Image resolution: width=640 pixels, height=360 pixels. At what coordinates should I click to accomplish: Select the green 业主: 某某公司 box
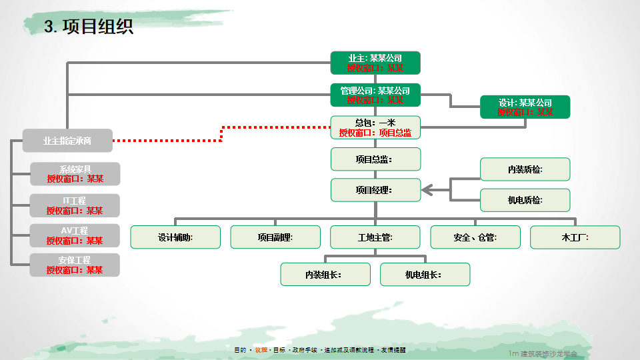click(x=375, y=63)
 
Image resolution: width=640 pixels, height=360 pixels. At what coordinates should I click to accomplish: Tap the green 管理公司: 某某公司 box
click(x=375, y=95)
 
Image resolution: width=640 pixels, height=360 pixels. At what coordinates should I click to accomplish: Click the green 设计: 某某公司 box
click(x=525, y=107)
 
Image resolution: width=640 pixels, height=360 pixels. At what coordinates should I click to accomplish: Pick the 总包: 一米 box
click(x=375, y=127)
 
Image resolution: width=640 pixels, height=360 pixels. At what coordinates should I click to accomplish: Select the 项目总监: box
click(x=375, y=159)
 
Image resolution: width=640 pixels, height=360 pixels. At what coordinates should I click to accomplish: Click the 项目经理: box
click(x=375, y=190)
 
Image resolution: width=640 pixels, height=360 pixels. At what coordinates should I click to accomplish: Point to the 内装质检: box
click(x=525, y=169)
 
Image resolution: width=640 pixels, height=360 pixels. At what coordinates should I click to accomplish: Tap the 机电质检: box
click(x=525, y=200)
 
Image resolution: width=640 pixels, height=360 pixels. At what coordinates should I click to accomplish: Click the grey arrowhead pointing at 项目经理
click(x=427, y=190)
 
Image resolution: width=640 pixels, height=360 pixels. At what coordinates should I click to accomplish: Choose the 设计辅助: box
click(x=175, y=237)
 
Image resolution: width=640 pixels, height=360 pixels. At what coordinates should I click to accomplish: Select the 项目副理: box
click(x=275, y=237)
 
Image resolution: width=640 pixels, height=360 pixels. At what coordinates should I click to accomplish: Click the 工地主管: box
click(x=375, y=237)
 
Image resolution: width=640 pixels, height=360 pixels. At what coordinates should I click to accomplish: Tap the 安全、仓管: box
click(x=475, y=237)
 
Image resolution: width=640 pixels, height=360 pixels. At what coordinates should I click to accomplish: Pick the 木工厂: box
click(x=575, y=237)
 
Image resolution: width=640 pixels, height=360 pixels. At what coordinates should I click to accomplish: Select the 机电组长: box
click(x=425, y=274)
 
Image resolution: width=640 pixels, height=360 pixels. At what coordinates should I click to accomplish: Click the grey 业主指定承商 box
click(x=68, y=141)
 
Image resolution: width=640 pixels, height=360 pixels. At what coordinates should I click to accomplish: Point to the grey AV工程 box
click(x=75, y=235)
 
